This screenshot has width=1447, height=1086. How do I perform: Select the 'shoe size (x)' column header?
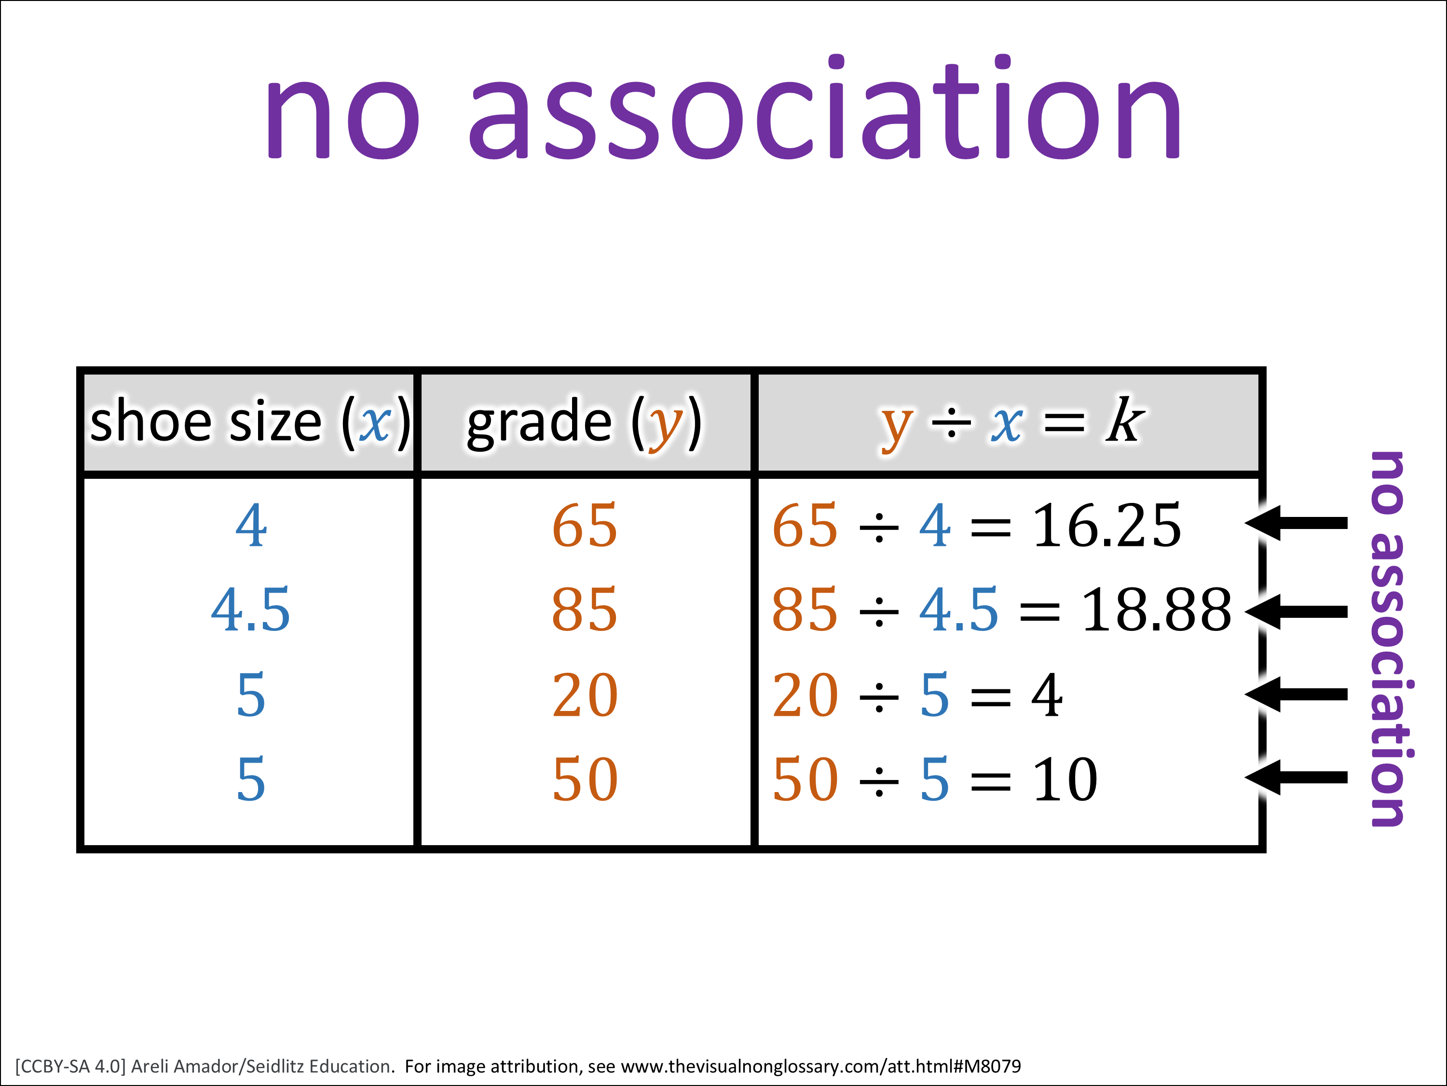tap(250, 422)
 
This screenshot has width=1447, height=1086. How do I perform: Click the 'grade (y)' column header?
tap(584, 422)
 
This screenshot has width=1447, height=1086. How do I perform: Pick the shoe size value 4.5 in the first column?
tap(250, 610)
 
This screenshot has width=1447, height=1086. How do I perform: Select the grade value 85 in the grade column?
tap(585, 610)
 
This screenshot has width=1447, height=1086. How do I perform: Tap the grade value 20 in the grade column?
tap(585, 695)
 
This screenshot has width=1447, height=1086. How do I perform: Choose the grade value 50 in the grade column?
tap(585, 779)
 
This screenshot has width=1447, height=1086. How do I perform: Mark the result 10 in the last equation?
tap(1065, 779)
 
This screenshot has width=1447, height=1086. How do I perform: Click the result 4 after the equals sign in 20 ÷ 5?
tap(1047, 695)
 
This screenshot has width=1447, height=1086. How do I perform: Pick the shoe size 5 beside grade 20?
tap(250, 695)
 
